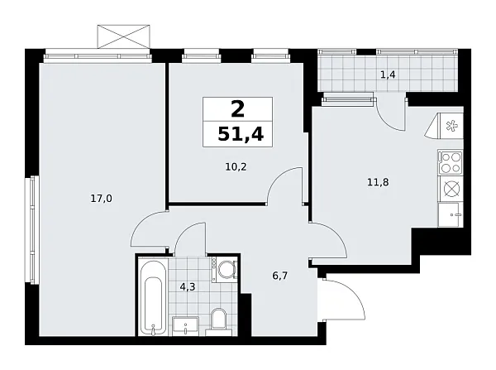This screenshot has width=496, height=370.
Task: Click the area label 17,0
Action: pyautogui.click(x=102, y=198)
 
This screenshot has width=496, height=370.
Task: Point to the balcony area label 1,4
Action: pyautogui.click(x=387, y=75)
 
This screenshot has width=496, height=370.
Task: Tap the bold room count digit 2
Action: pyautogui.click(x=237, y=108)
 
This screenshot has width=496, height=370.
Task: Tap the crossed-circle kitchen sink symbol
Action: pyautogui.click(x=451, y=189)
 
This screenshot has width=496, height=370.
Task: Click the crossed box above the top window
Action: pyautogui.click(x=125, y=36)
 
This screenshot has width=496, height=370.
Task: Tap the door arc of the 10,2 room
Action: pyautogui.click(x=285, y=184)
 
